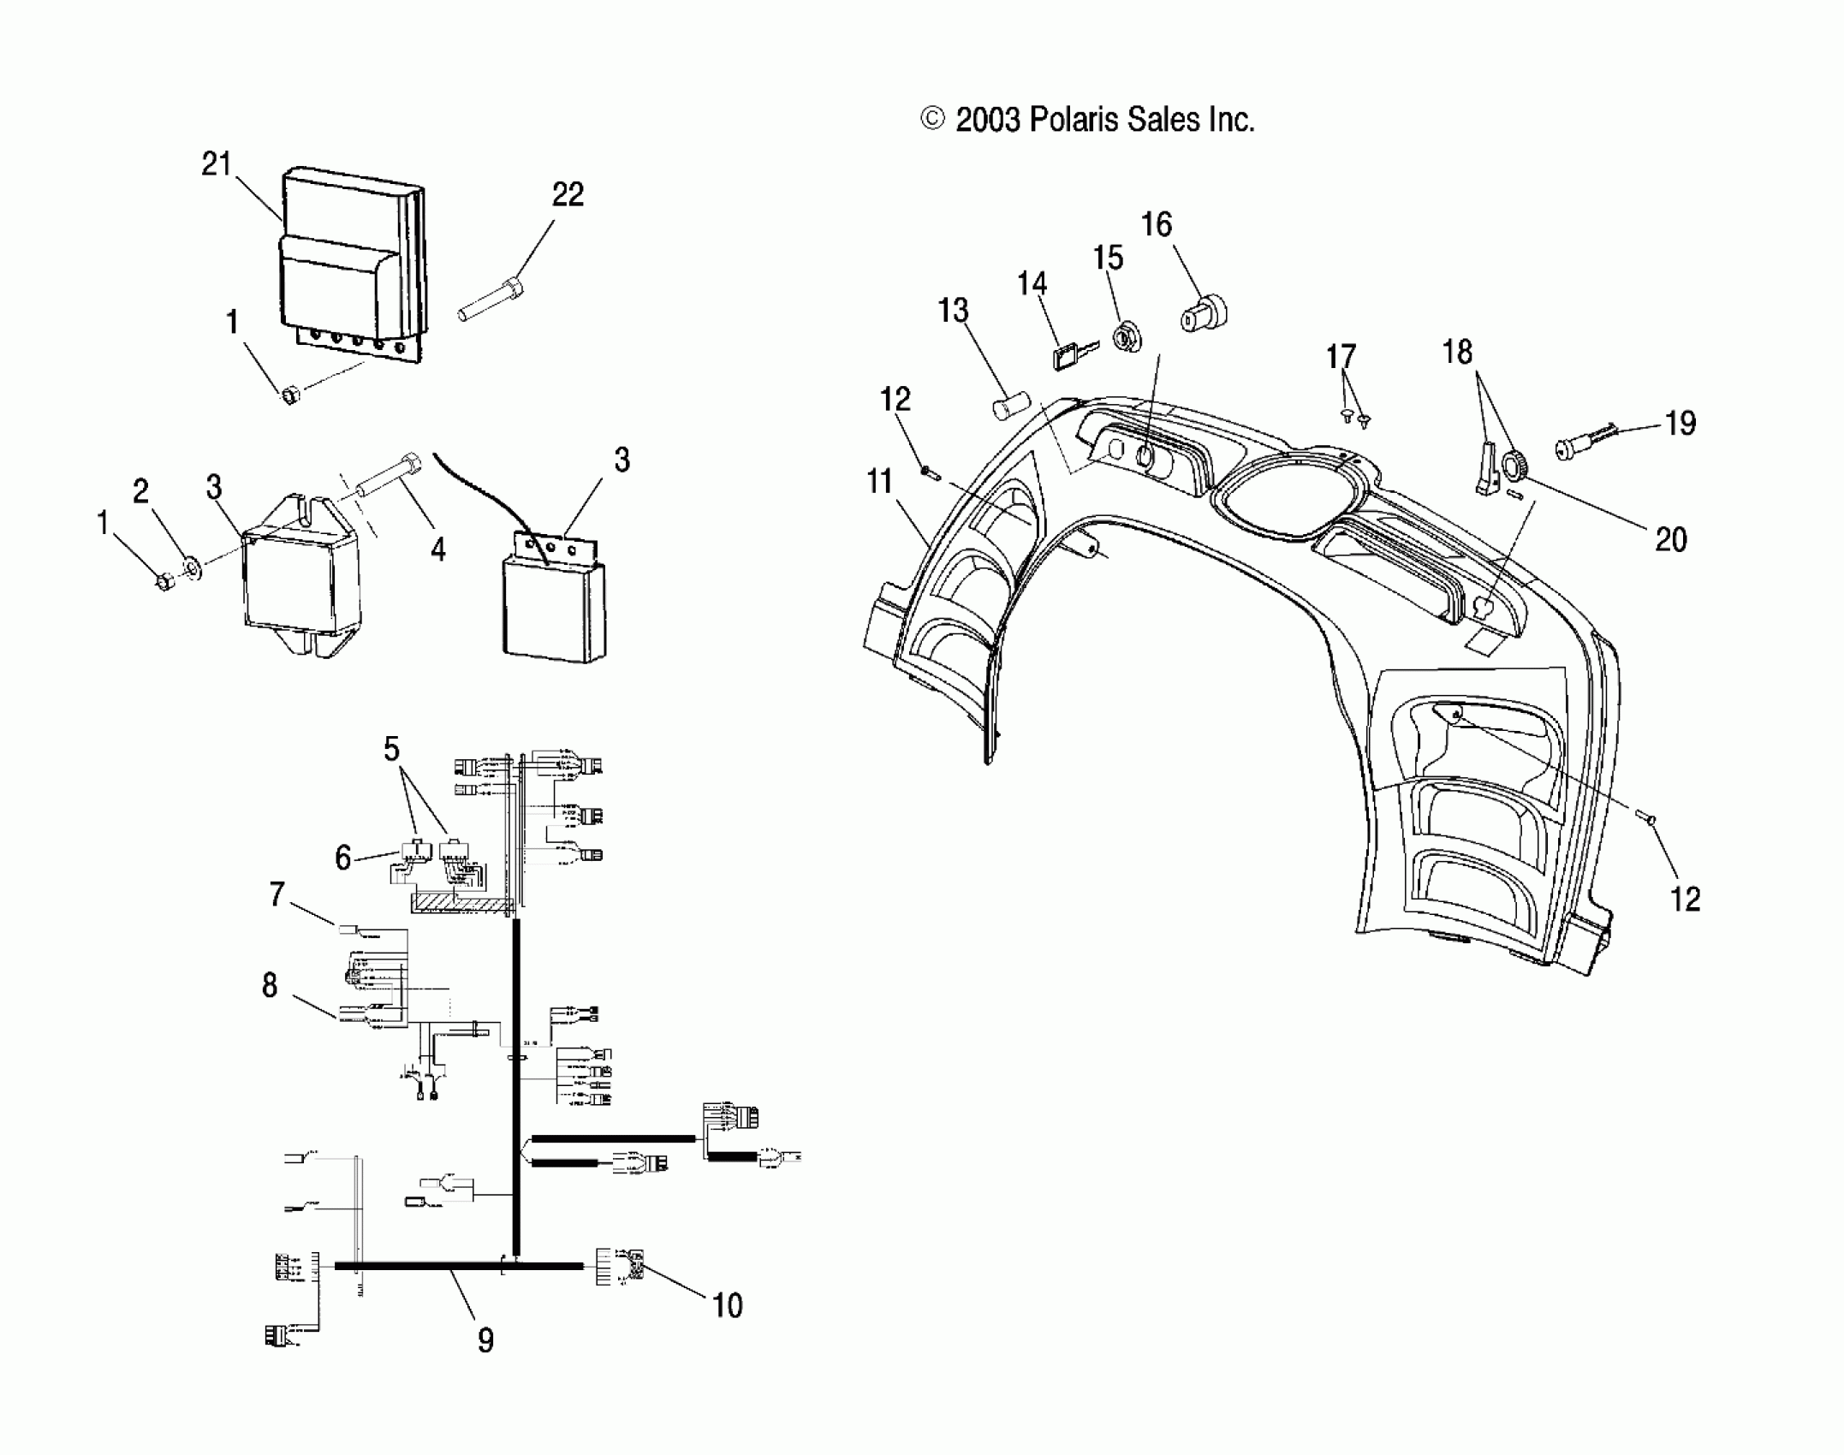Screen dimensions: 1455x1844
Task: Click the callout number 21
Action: click(x=217, y=163)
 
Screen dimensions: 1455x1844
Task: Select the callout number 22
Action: click(x=568, y=195)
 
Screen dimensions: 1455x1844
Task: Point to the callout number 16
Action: click(x=1157, y=225)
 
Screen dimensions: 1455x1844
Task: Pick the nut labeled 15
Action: click(x=1128, y=336)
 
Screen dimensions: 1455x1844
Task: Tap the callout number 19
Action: click(x=1680, y=423)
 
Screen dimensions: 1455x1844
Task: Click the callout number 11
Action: click(x=880, y=482)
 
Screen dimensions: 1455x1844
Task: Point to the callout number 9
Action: click(x=485, y=1339)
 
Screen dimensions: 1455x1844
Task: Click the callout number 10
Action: click(x=727, y=1305)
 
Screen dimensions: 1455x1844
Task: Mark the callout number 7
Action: click(x=277, y=895)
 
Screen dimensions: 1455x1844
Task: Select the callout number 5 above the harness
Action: click(x=391, y=749)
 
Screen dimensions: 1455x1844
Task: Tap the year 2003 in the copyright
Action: click(x=987, y=120)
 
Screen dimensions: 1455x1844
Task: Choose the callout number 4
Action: click(x=437, y=549)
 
